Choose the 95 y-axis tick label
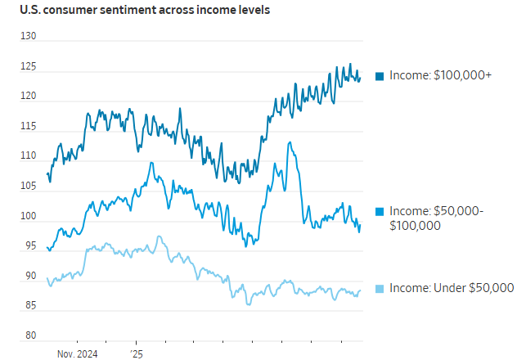point(29,246)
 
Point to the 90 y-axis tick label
point(29,277)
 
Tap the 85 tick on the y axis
point(29,306)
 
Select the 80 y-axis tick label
point(29,336)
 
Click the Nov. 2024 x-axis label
point(78,353)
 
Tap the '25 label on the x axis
point(135,353)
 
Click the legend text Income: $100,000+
point(439,75)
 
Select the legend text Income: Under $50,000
point(450,287)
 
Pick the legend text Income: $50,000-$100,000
point(436,218)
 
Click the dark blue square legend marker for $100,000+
point(380,76)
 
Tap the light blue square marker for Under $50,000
point(380,288)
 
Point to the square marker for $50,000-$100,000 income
point(380,212)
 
